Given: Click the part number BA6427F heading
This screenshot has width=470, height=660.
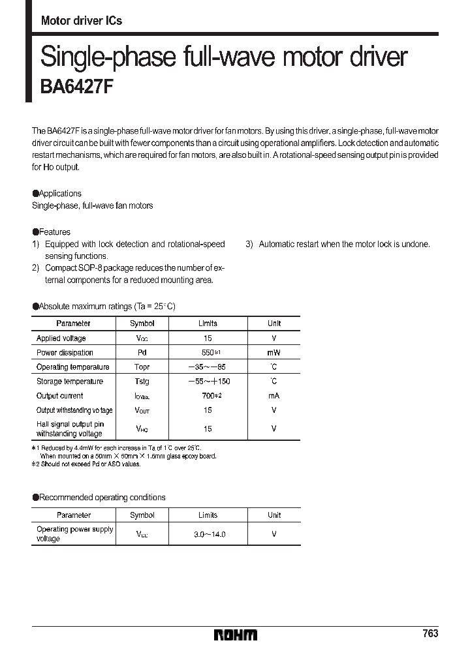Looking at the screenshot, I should click(78, 88).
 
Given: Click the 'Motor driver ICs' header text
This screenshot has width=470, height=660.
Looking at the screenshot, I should click(81, 21).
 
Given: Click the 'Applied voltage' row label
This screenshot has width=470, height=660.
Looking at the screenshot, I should click(61, 338).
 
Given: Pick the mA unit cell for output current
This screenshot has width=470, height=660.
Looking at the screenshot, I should click(274, 396).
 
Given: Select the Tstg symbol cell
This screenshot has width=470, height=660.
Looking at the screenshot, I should click(142, 382).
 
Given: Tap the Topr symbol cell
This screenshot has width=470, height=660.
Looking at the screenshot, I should click(142, 367).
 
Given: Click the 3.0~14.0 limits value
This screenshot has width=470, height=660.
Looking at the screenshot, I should click(209, 534).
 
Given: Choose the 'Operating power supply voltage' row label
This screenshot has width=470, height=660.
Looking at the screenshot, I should click(74, 534).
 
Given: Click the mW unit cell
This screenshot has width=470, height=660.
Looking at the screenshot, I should click(274, 353).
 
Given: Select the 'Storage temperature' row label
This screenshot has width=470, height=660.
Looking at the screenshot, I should click(70, 382).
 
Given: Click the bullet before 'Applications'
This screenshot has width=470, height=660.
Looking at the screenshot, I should click(35, 194).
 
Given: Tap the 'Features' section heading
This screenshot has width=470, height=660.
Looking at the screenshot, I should click(55, 232).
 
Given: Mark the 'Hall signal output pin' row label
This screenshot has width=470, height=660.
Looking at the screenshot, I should click(70, 425).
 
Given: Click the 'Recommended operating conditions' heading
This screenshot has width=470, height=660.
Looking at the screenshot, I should click(102, 498).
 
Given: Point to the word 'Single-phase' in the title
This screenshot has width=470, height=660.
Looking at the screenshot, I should click(108, 57).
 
